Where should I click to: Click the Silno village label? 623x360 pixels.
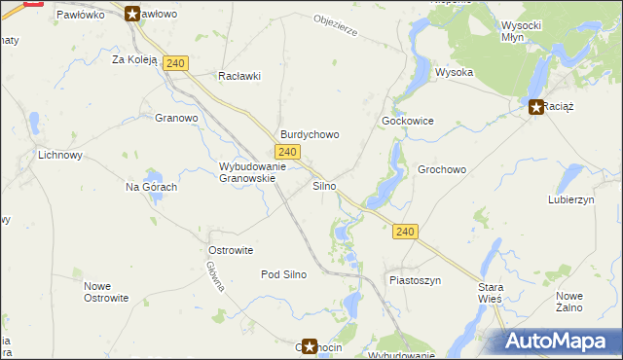coord(324,185)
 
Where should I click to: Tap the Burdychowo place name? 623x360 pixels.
coord(310,134)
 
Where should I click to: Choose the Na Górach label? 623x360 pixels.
coord(151,187)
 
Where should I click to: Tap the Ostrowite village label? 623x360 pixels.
coord(231,250)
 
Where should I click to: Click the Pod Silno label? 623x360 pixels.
coord(283,274)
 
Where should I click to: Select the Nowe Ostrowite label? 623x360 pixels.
coord(106,292)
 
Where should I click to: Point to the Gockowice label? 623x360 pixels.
coord(407,121)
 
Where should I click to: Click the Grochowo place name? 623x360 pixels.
coord(442,169)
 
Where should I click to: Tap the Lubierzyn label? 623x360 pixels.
coord(571,198)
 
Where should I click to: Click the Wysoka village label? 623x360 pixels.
coord(454,73)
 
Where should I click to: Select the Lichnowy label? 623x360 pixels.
coord(60,155)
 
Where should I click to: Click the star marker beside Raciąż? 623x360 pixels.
coord(535,107)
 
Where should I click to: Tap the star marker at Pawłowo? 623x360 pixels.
coord(132,14)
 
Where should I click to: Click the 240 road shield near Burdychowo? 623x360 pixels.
coord(286,152)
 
